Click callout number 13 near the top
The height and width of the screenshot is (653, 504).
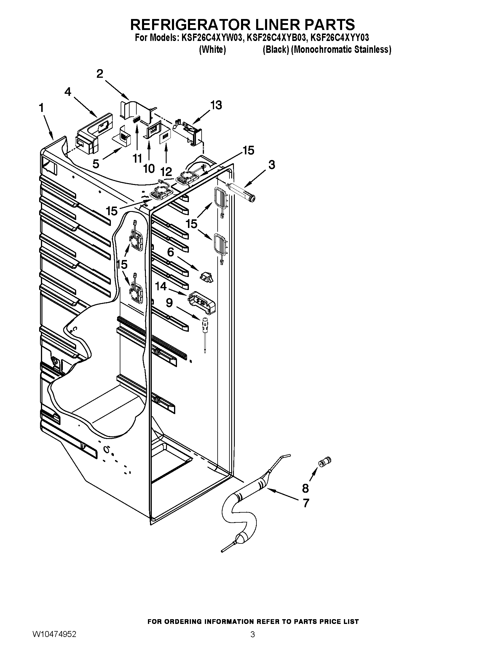[x=216, y=105]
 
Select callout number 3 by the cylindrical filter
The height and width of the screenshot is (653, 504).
[x=271, y=165]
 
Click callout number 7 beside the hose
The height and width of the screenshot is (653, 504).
[x=306, y=503]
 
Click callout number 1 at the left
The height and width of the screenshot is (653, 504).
[x=42, y=108]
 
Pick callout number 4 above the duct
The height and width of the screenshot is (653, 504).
[x=68, y=92]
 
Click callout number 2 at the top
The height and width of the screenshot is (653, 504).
[x=100, y=74]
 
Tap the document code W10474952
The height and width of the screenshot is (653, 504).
[x=54, y=641]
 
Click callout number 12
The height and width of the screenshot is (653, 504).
[x=166, y=172]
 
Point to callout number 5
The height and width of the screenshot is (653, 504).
[x=96, y=164]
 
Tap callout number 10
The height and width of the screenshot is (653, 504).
[x=149, y=169]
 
